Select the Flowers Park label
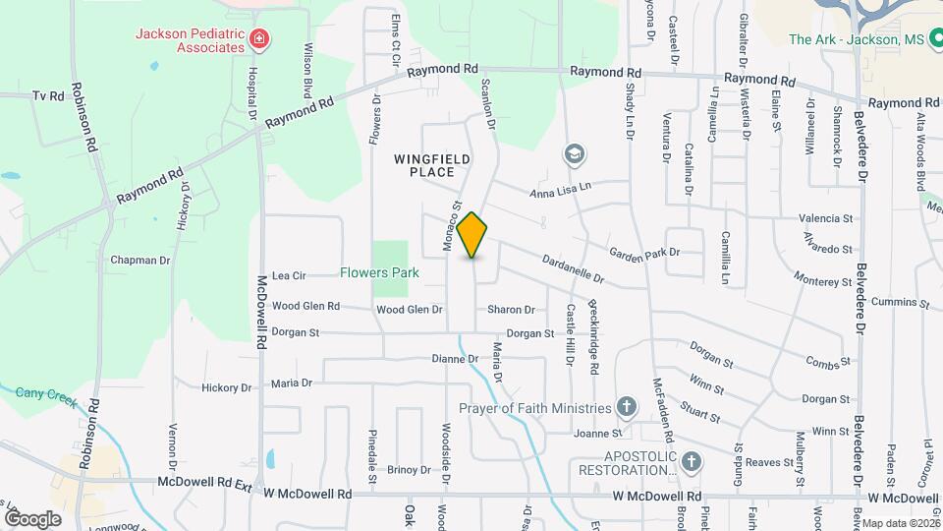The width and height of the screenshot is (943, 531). point(380,273)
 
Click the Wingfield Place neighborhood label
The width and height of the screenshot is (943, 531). point(433,165)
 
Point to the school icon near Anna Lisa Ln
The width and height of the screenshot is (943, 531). point(574,154)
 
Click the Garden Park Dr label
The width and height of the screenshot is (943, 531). point(644,253)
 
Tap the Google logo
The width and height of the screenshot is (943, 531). point(31,518)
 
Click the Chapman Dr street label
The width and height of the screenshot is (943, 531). point(139,261)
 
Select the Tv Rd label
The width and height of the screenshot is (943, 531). point(47,95)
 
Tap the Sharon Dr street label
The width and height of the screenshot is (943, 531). point(511,310)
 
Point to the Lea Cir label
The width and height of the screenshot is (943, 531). point(289,276)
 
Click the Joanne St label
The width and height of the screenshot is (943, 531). point(600,433)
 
